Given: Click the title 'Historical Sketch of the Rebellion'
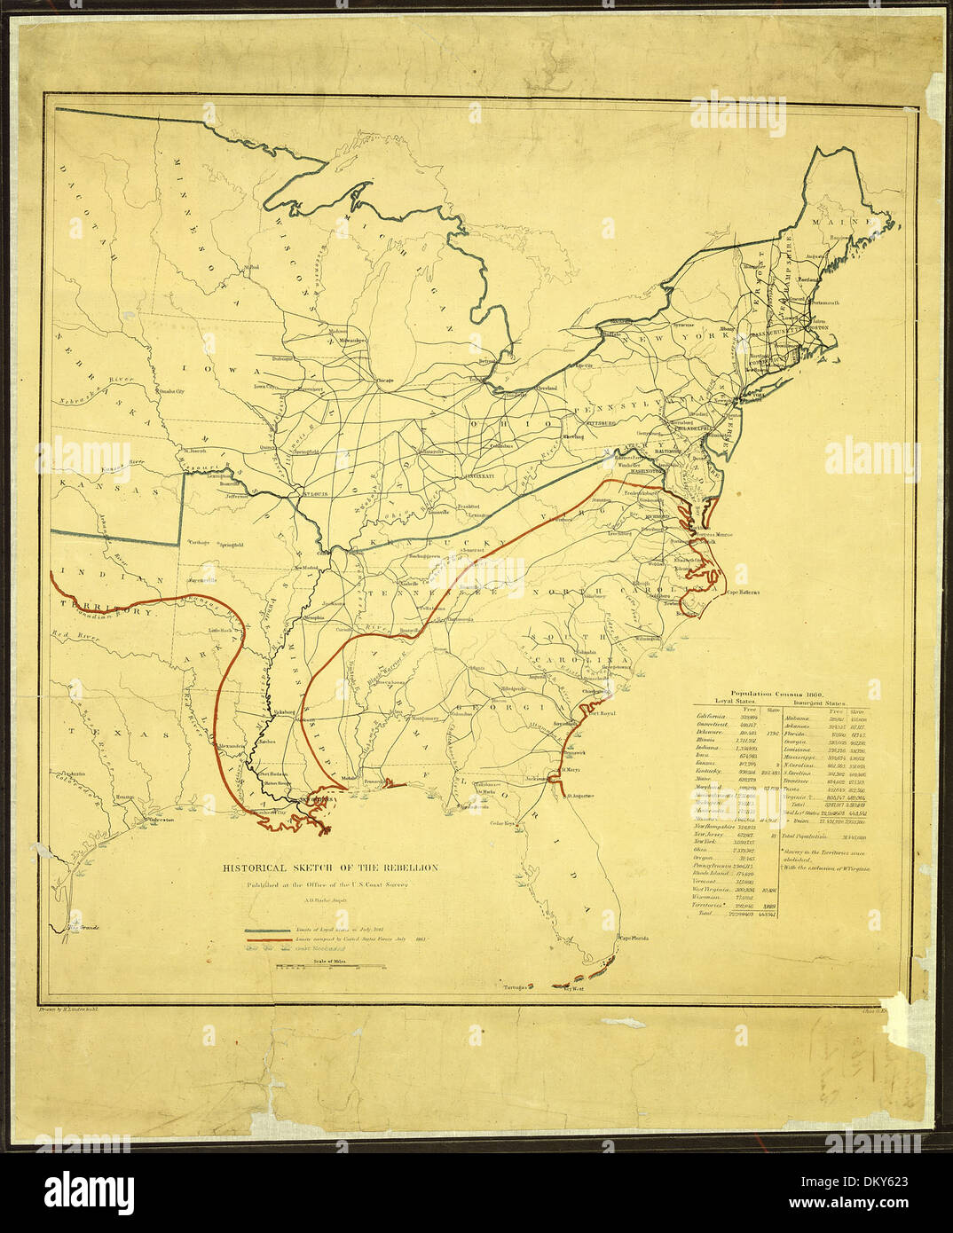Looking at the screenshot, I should [x=329, y=868].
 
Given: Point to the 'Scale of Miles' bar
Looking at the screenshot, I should [x=315, y=967].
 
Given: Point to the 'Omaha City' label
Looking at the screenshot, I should [x=169, y=390].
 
